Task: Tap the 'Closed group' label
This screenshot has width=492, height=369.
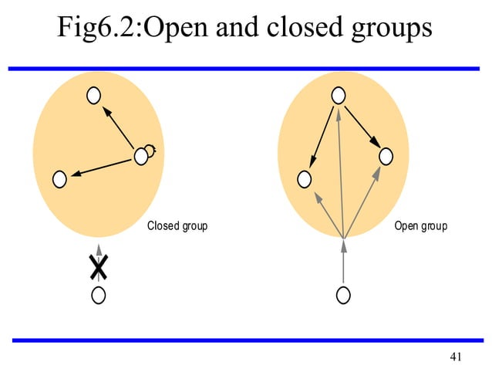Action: coord(177,226)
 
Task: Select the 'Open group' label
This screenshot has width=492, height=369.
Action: coord(420,226)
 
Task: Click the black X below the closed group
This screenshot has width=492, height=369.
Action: coord(98,266)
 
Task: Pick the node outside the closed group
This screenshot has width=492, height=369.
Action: coord(98,294)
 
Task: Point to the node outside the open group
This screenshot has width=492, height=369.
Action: coord(344,294)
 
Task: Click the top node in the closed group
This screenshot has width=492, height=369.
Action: coord(93,95)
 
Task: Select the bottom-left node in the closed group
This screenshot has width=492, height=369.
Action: coord(59,179)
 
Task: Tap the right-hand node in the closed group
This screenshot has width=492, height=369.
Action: coord(140,157)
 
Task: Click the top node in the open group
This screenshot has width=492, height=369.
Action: coord(338,95)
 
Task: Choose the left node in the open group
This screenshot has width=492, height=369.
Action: coord(305,179)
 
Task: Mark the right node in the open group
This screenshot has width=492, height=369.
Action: coord(386,157)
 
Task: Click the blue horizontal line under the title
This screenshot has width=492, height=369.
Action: coord(246,68)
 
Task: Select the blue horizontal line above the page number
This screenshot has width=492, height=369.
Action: coord(246,340)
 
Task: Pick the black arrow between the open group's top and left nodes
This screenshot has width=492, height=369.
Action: coord(322,137)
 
